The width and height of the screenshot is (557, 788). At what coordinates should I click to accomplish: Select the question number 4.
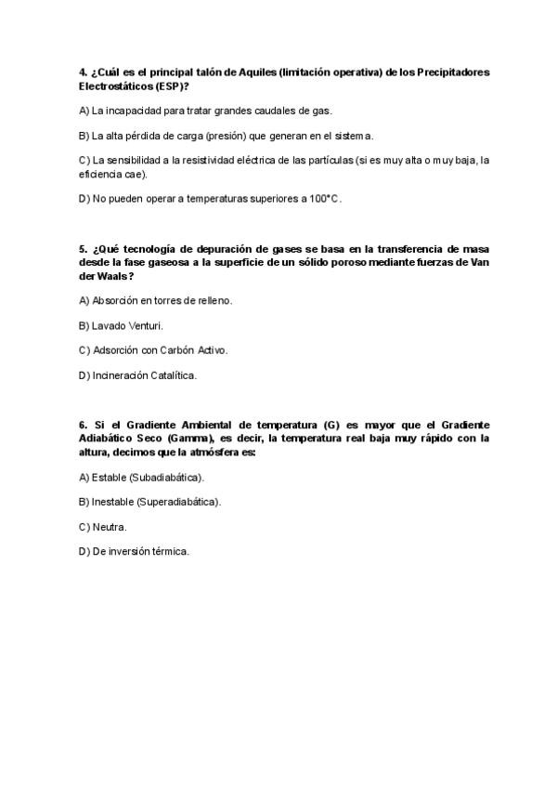coord(83,72)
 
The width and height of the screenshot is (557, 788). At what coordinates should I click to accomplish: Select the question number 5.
coord(83,250)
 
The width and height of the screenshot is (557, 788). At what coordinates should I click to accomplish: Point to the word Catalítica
coord(173,375)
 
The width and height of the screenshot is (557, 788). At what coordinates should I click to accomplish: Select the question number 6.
coord(83,425)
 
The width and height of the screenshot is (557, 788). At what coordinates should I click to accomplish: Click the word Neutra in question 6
coord(110,527)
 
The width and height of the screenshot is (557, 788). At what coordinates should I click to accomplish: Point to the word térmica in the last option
coord(170,551)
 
